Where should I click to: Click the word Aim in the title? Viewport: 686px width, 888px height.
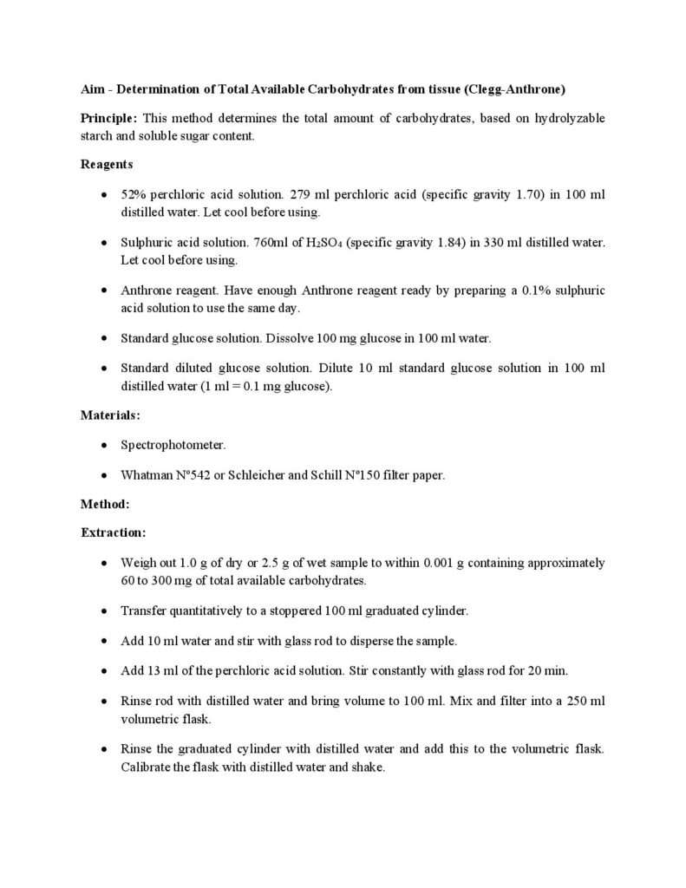click(91, 89)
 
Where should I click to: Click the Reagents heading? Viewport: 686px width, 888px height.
click(107, 163)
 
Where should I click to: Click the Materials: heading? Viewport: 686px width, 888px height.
click(109, 415)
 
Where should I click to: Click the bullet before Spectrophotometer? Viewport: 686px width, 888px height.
click(104, 446)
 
